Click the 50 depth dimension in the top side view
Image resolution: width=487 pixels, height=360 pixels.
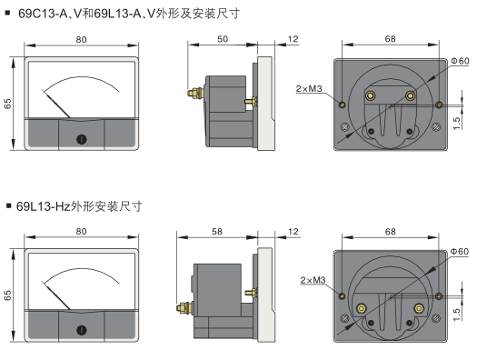(223, 39)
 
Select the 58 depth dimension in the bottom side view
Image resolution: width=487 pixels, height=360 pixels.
(217, 232)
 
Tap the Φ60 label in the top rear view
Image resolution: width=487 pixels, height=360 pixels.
(460, 61)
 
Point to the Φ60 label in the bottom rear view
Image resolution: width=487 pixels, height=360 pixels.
(460, 251)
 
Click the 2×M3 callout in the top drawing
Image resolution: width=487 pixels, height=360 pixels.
(309, 88)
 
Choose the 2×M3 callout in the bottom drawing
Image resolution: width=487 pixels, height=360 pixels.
(313, 280)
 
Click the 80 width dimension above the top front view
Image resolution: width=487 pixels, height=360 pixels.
(82, 39)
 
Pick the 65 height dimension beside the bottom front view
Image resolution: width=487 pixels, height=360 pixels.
(7, 295)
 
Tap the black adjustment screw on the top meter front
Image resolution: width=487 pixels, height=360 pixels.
(82, 139)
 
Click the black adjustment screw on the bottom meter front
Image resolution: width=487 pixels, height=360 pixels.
(82, 330)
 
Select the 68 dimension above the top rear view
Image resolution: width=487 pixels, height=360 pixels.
(391, 39)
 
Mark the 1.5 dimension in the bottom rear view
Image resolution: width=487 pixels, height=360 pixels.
(456, 314)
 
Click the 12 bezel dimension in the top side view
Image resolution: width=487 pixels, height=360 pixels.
(293, 39)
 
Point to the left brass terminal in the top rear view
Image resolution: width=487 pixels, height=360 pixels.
(370, 95)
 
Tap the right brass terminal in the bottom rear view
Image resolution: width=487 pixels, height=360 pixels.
(419, 308)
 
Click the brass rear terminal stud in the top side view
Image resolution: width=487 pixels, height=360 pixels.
(195, 93)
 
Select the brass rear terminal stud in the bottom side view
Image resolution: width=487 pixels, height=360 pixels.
(184, 308)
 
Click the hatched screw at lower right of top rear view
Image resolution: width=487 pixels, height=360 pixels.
(436, 126)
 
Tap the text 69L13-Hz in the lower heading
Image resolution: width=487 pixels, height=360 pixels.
(44, 206)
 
